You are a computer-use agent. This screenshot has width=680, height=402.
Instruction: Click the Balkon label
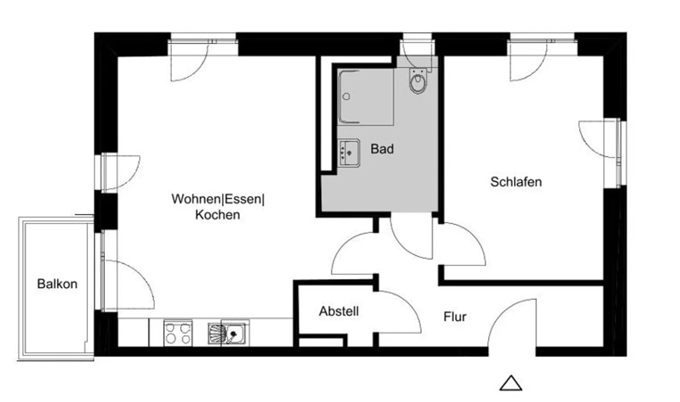pos(57,284)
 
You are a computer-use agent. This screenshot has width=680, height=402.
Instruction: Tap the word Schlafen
pos(516,182)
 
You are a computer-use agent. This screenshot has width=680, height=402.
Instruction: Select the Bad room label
pos(382,149)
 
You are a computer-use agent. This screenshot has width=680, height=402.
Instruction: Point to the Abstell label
pos(339,311)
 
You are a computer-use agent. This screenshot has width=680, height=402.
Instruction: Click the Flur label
pos(455,316)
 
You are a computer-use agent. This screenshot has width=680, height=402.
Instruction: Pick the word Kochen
pos(217,215)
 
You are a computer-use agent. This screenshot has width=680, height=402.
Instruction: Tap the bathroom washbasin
pos(350,153)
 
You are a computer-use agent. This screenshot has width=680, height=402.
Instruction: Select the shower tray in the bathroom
pos(365,97)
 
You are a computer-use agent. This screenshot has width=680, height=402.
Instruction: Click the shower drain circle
pos(346,97)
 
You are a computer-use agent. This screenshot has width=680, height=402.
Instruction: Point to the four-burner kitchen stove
pos(178,333)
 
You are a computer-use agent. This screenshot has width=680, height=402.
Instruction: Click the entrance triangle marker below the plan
pos(511,383)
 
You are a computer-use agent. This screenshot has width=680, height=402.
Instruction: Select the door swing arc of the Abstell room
pos(407,303)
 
